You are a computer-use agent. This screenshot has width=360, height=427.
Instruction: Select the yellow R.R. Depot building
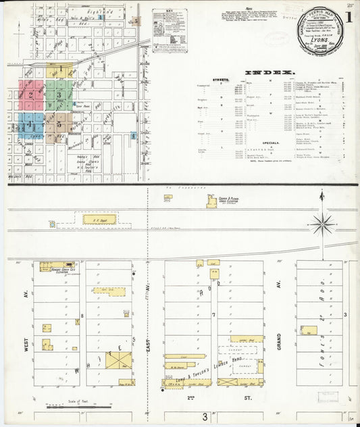coord(99,219)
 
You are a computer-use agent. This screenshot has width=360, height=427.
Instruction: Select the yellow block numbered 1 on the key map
coord(60,69)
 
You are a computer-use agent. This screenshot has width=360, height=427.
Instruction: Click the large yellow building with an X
coord(118,359)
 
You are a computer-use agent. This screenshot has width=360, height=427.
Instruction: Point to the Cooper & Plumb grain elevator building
coord(211,201)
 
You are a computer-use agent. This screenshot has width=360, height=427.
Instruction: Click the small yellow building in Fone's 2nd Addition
coord(309,331)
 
